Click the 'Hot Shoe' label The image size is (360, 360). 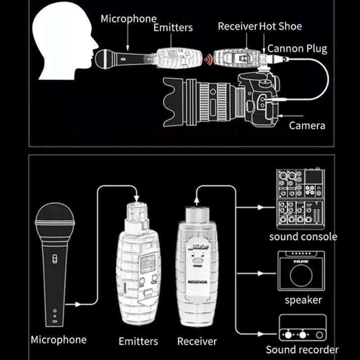coord(280,26)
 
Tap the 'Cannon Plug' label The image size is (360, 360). coord(297,48)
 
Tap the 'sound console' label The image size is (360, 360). coord(303,236)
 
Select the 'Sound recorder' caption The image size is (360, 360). coord(302,350)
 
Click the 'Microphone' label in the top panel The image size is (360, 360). coord(129,19)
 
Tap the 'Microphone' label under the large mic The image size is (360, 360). coord(58,340)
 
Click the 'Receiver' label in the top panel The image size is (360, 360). coord(238,26)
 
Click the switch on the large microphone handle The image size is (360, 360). coord(54,259)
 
